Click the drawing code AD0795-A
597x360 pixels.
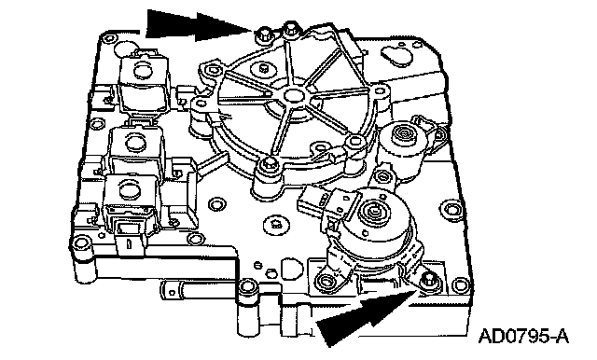(523, 336)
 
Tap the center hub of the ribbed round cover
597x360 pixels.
(292, 94)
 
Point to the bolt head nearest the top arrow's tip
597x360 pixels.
(262, 35)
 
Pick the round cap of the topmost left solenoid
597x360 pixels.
(143, 70)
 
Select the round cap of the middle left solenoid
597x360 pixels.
(132, 143)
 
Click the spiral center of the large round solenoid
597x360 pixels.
(373, 208)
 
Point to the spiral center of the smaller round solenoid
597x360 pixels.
(403, 134)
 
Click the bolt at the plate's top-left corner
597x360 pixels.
(110, 37)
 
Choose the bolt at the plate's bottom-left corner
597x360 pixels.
(81, 242)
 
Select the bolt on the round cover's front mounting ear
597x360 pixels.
(269, 164)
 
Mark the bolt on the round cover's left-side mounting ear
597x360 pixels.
(200, 103)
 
